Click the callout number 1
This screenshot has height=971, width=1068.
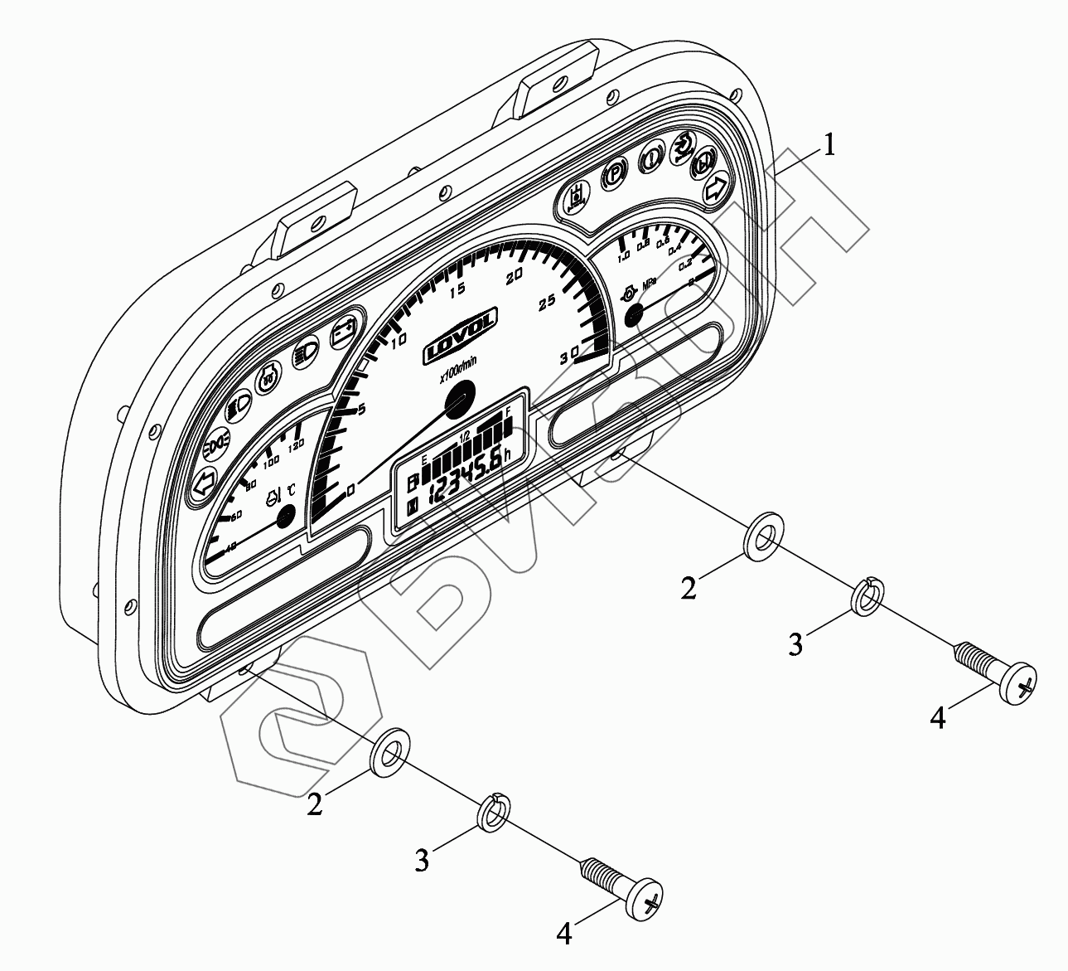click(x=828, y=147)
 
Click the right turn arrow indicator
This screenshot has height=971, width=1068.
click(x=715, y=188)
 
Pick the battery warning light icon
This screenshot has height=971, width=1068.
click(x=343, y=333)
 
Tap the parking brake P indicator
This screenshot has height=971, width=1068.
click(x=614, y=174)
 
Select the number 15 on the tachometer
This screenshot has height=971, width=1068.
click(x=457, y=288)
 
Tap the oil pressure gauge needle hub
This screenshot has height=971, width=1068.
click(x=635, y=313)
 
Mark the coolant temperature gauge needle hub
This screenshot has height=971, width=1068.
click(x=286, y=517)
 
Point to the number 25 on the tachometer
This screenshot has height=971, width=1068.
click(x=547, y=303)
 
